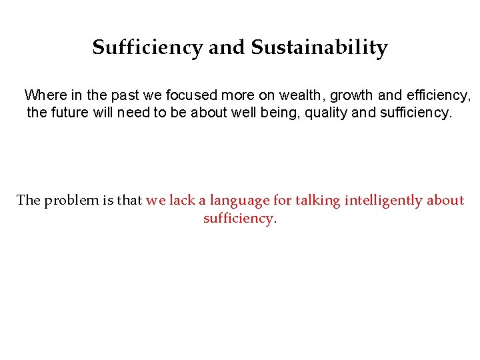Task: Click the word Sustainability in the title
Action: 319,48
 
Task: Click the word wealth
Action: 300,95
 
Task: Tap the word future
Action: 74,113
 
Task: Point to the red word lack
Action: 181,200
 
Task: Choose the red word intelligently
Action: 383,201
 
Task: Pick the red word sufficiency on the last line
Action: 238,218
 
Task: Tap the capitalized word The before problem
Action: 29,200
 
